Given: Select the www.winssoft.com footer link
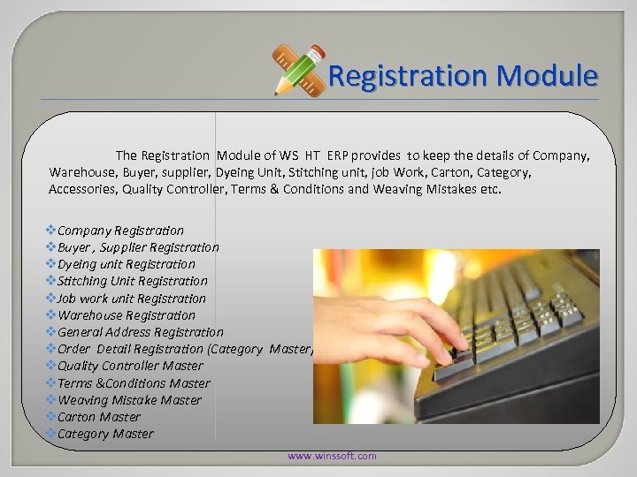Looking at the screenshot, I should (x=332, y=456).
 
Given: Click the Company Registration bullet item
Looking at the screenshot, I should (x=120, y=231).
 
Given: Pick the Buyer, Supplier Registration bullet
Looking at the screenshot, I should (x=138, y=247).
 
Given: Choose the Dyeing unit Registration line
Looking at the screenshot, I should (x=126, y=264).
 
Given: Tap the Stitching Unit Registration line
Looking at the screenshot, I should (x=132, y=281).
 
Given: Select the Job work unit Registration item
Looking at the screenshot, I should (x=131, y=299).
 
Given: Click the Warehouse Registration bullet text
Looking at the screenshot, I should (x=126, y=315).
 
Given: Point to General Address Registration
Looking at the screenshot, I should (x=140, y=332).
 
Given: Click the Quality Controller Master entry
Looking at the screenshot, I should (x=130, y=366).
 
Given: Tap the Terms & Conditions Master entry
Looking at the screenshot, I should (x=134, y=383).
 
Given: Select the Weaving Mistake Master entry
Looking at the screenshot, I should (x=129, y=400).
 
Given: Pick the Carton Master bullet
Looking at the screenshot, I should (x=98, y=417).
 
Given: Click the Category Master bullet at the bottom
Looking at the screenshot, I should (x=104, y=434).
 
